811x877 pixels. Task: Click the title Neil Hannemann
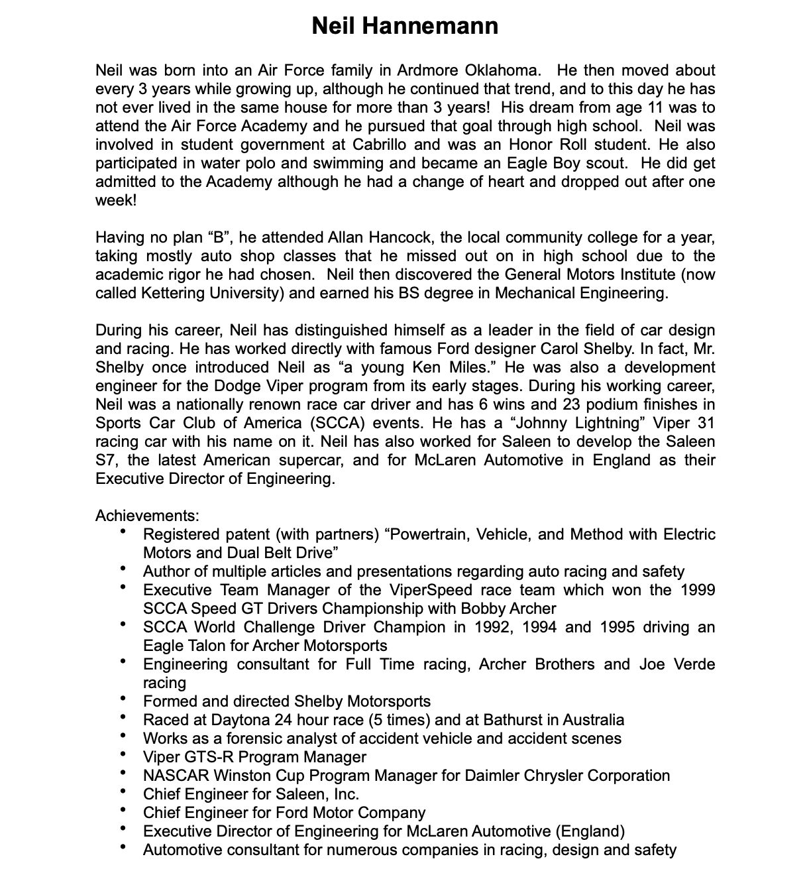[x=405, y=27]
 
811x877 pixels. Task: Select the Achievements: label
[x=147, y=516]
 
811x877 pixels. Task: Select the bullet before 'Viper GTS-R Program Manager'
[x=123, y=756]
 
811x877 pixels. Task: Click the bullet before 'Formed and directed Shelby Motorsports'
[x=123, y=700]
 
